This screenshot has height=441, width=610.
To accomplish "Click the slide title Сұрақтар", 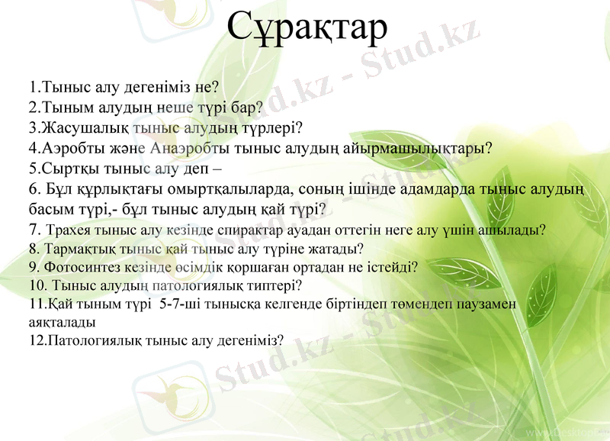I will (x=307, y=28).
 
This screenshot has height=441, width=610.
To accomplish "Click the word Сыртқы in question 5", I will (x=67, y=168).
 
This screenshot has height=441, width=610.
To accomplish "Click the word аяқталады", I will (x=56, y=322).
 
